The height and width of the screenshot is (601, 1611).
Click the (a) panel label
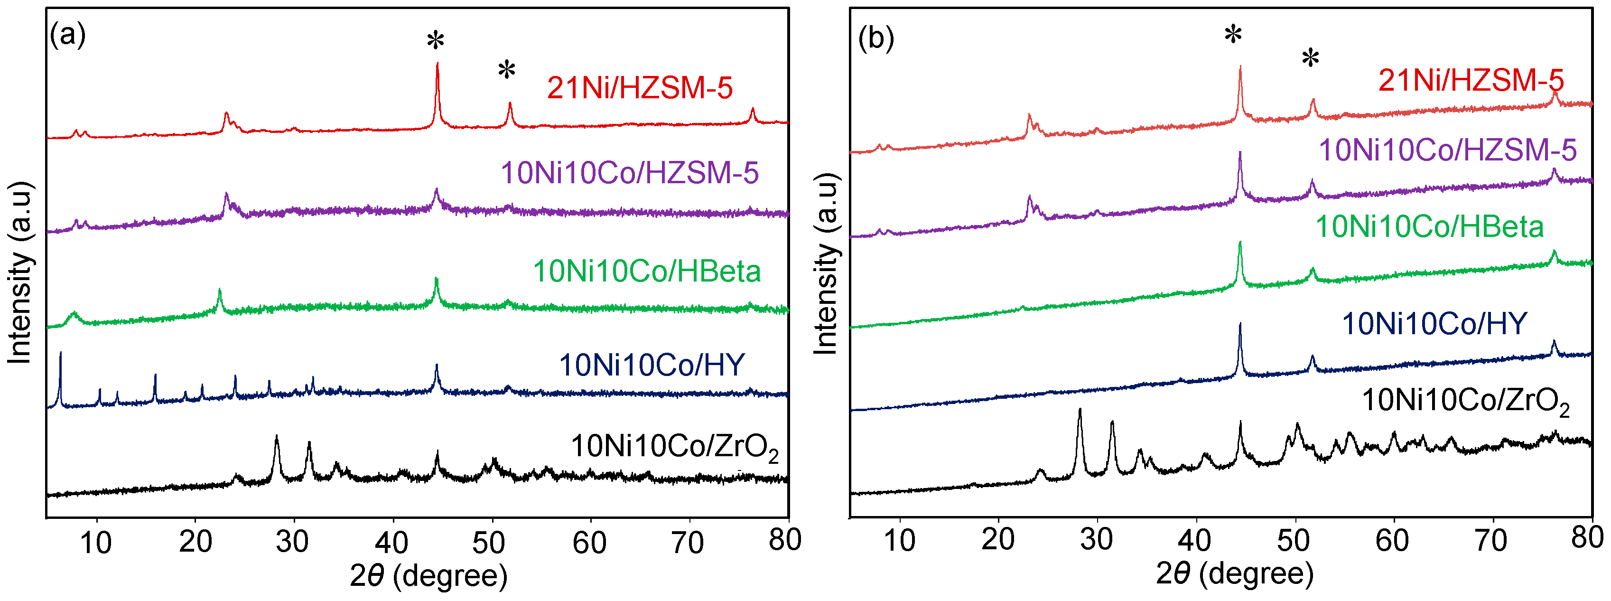[x=67, y=34]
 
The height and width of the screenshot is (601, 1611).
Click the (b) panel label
[x=875, y=39]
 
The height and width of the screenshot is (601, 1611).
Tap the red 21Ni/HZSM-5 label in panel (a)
[x=640, y=87]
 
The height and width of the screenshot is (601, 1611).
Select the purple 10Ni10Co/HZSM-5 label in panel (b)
[x=1447, y=150]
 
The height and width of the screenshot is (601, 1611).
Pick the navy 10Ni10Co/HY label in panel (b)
[x=1434, y=324]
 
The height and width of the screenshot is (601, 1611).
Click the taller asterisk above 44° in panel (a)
[x=435, y=41]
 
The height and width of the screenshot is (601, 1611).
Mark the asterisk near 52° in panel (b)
[x=1310, y=59]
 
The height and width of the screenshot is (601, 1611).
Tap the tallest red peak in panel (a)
[x=437, y=65]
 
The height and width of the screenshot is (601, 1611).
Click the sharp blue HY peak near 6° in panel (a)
[x=60, y=355]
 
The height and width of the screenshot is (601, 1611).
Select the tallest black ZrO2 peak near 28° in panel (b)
[x=1080, y=412]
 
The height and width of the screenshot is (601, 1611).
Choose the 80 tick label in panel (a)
[x=785, y=539]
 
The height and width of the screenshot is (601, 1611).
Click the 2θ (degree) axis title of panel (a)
[x=428, y=575]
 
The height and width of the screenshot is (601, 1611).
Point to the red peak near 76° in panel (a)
[x=752, y=111]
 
